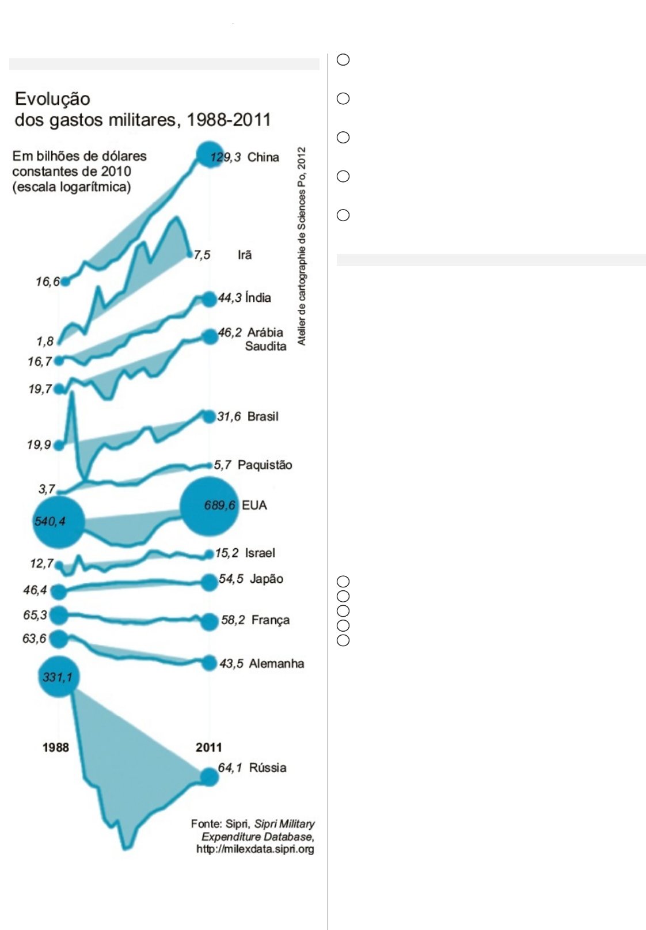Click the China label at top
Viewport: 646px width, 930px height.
click(263, 157)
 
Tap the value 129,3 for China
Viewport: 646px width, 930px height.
click(225, 157)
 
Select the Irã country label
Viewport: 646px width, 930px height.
click(245, 255)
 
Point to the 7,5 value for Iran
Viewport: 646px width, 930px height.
click(202, 255)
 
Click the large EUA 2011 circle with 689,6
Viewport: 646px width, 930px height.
click(209, 506)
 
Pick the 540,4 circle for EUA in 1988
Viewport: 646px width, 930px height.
click(58, 522)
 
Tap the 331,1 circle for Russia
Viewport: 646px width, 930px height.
click(58, 677)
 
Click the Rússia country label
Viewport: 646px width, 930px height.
click(268, 768)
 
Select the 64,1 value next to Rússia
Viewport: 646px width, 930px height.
click(230, 768)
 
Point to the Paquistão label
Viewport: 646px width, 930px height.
click(265, 465)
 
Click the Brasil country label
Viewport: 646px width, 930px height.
click(263, 416)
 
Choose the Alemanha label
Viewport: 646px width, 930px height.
click(276, 663)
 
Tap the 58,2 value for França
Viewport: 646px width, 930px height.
click(233, 620)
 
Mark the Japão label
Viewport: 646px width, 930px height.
click(267, 579)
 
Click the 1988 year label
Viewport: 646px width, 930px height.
click(55, 747)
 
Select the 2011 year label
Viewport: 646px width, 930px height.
click(208, 747)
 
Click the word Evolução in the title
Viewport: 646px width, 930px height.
click(52, 99)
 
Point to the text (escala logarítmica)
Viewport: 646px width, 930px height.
click(71, 187)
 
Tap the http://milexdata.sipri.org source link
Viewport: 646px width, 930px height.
click(255, 849)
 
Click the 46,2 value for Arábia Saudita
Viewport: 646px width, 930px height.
click(230, 333)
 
